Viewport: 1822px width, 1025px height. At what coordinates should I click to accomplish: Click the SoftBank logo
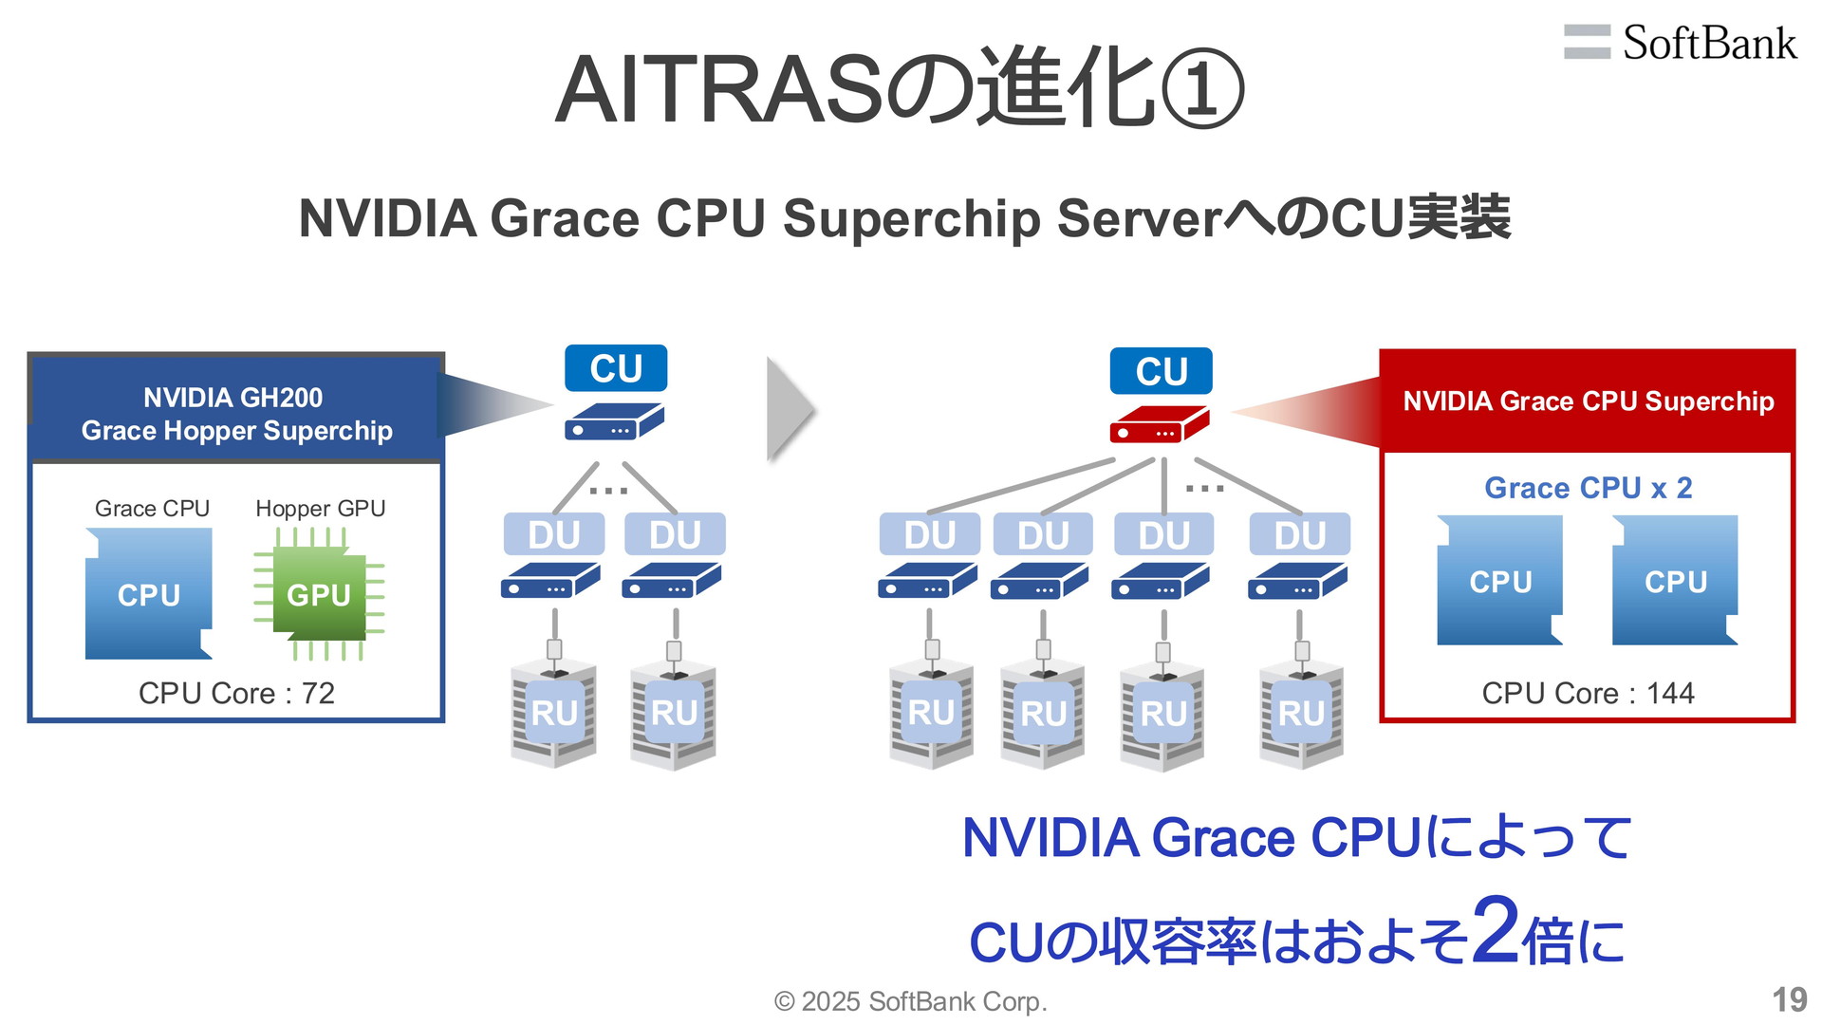pos(1681,43)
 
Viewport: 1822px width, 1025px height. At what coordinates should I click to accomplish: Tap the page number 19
pos(1789,999)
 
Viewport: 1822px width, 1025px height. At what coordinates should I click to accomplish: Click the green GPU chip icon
pos(319,595)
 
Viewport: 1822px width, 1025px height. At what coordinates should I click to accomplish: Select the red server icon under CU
pos(1160,425)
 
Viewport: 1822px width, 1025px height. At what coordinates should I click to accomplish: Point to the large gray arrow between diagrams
pos(790,410)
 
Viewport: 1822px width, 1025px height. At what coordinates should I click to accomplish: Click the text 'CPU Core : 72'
pos(236,693)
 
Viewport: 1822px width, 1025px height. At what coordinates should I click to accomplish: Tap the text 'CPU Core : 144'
pos(1588,693)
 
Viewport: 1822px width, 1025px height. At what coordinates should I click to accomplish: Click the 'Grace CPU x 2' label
pos(1588,488)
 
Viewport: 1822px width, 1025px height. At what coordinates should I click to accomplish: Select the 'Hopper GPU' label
pos(320,509)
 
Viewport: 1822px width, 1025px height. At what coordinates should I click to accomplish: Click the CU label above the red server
pos(1161,371)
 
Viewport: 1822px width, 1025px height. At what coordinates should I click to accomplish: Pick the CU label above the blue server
pos(616,368)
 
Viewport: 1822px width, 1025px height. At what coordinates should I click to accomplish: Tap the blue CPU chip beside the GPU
pos(149,594)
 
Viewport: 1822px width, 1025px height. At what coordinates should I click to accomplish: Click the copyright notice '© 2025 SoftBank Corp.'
pos(910,1001)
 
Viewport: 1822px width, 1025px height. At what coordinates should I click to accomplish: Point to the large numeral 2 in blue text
pos(1496,930)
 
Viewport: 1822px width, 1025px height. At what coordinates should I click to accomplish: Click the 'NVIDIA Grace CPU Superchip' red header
pos(1588,401)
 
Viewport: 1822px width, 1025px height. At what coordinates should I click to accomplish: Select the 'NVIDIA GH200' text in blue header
pos(232,398)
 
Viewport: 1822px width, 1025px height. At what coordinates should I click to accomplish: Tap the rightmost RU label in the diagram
pos(1300,714)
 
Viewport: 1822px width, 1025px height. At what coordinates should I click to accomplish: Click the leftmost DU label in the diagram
pos(553,535)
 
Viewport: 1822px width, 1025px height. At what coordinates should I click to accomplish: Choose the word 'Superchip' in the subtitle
pos(912,218)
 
